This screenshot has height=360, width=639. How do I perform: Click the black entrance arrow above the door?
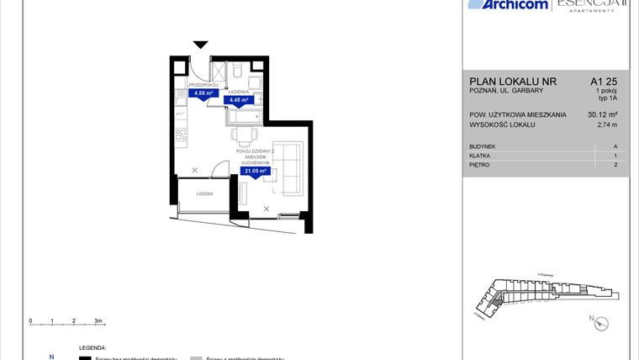click(200, 45)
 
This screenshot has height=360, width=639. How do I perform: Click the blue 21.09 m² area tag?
click(254, 172)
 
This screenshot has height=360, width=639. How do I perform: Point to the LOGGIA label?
click(204, 193)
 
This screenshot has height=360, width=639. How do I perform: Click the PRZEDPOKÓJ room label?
click(204, 85)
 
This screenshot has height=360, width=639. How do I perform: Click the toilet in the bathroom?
click(240, 66)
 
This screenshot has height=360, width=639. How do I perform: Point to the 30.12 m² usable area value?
click(603, 115)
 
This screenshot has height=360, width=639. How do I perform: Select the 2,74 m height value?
click(606, 125)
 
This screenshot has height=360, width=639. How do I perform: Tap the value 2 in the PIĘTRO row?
click(615, 165)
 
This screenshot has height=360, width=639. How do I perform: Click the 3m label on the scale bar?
click(98, 321)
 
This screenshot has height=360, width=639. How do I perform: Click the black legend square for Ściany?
click(84, 358)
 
